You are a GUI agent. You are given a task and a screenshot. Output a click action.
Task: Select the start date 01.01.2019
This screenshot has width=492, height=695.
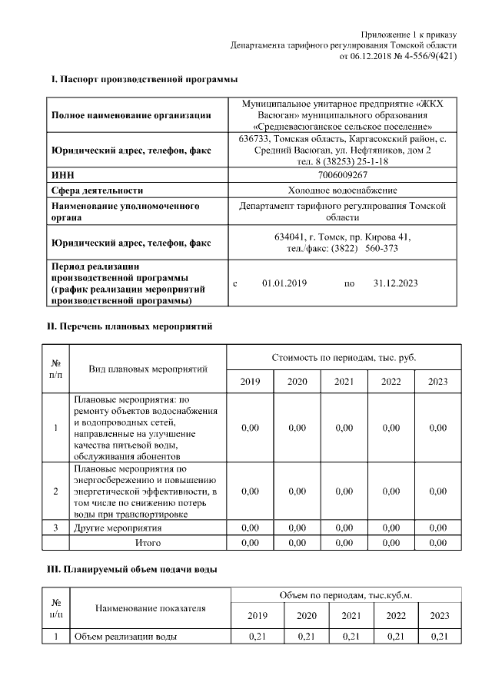click(x=284, y=283)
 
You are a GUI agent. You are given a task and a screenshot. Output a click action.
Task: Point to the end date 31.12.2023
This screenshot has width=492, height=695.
click(x=395, y=283)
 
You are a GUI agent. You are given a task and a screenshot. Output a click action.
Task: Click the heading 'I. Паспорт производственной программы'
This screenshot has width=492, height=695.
click(x=144, y=79)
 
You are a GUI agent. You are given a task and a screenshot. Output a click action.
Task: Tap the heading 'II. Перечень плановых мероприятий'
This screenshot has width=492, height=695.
click(x=130, y=326)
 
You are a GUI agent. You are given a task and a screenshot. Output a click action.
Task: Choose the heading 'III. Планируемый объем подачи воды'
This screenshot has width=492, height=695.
click(x=133, y=569)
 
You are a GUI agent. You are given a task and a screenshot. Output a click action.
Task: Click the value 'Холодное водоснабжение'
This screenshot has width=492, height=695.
click(x=343, y=190)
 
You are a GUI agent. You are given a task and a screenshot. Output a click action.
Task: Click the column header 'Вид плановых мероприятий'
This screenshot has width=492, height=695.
click(x=148, y=369)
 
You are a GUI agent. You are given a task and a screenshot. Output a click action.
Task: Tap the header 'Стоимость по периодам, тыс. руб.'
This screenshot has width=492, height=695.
click(x=344, y=358)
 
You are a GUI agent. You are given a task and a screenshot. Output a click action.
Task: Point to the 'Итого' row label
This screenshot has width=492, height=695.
click(x=148, y=543)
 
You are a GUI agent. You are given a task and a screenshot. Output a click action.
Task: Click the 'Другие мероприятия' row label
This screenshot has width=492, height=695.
click(x=118, y=528)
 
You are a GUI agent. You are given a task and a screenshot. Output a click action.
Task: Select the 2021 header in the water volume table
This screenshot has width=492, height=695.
click(x=351, y=615)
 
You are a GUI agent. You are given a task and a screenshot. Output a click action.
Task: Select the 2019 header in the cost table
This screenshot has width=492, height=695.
click(x=250, y=382)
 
